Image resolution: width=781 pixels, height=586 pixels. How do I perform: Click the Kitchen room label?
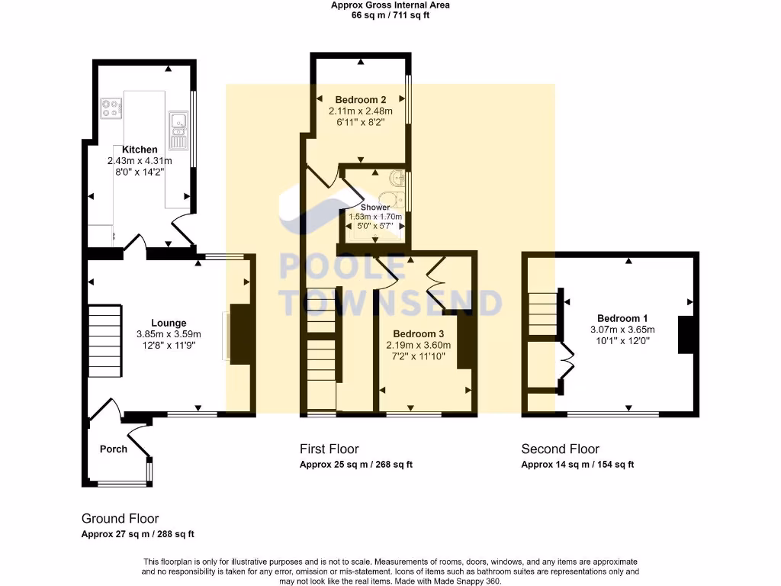click(140, 150)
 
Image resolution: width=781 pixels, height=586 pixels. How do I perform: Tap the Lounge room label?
click(169, 323)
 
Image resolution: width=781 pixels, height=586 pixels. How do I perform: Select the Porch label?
click(114, 449)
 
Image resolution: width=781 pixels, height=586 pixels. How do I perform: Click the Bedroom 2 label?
click(361, 100)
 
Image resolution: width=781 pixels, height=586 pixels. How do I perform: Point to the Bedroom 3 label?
click(419, 334)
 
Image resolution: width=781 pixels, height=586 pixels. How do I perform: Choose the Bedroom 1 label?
click(622, 318)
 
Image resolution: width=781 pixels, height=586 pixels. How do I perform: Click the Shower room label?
click(375, 208)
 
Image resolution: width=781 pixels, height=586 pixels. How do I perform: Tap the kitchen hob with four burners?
click(111, 108)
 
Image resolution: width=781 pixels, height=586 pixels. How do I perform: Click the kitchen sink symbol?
click(178, 130)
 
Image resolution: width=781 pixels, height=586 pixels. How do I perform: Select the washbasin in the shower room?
click(397, 177)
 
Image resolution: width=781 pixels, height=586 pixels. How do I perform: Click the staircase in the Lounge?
click(105, 341)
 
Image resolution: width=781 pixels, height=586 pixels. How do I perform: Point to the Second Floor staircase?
click(542, 314)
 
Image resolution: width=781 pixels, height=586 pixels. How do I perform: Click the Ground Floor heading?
click(120, 519)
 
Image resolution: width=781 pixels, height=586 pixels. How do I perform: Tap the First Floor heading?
click(329, 449)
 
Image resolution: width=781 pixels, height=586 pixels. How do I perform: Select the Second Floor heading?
click(561, 449)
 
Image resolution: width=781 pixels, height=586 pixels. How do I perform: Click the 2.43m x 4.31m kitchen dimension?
click(140, 161)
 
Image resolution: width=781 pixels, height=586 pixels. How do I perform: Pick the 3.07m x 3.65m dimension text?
click(622, 330)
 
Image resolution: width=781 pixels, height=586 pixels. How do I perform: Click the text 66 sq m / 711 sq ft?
click(390, 15)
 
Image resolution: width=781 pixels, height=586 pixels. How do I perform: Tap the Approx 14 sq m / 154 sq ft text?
click(578, 465)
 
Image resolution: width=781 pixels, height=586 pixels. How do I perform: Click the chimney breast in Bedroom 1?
click(686, 335)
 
